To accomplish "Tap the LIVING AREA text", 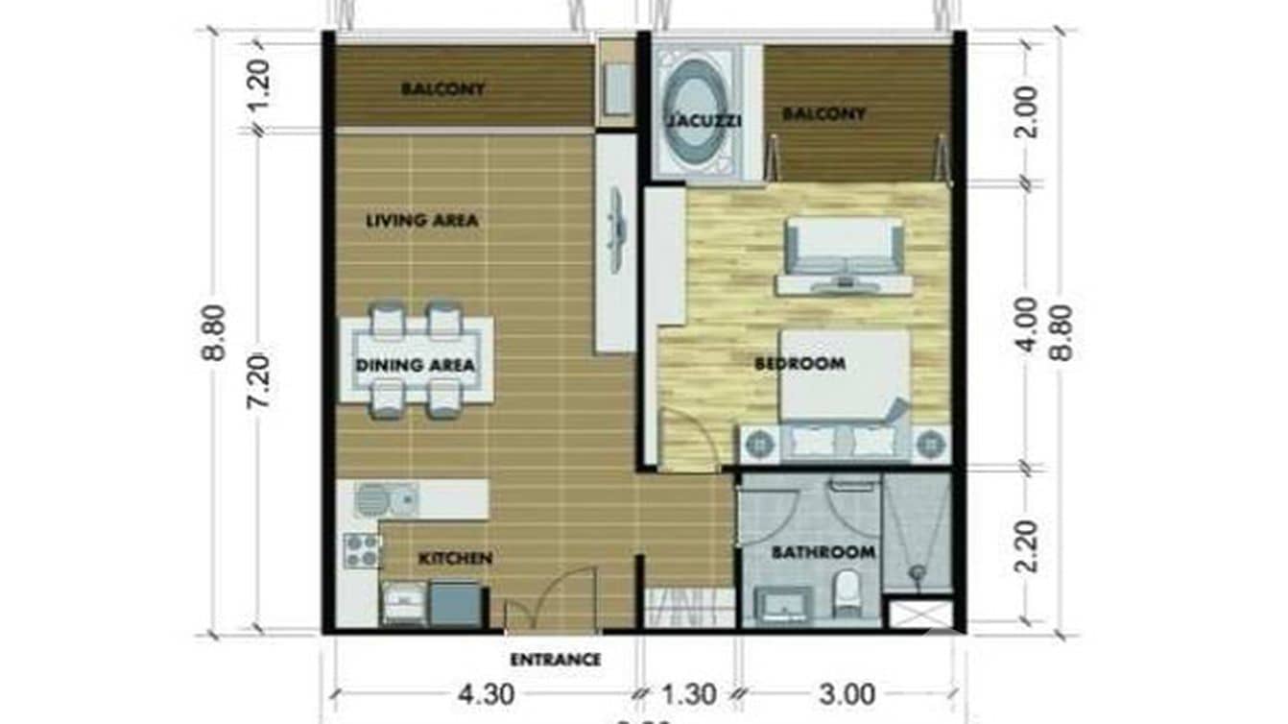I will (421, 220).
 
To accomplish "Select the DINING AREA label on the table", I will (415, 366).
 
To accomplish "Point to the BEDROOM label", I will (799, 364).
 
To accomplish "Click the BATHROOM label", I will (823, 552).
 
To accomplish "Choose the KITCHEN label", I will (455, 558).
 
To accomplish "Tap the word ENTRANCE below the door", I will (555, 660).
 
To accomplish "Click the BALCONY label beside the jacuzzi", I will (823, 114).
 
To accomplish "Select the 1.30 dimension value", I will (688, 693).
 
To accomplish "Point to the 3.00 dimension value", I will (848, 693).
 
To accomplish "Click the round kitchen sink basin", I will (372, 499).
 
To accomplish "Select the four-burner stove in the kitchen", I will (362, 549).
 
